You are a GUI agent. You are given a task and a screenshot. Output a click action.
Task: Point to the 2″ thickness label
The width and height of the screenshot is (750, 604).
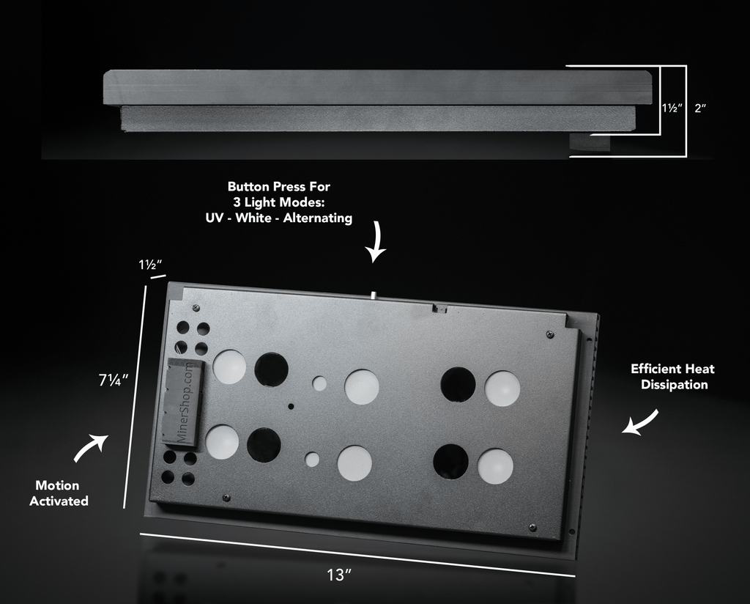coord(700,108)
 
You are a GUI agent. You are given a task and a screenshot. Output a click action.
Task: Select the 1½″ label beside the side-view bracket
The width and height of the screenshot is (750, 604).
coord(672,108)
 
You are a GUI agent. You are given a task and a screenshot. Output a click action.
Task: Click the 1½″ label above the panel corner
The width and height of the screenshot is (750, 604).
coord(149,265)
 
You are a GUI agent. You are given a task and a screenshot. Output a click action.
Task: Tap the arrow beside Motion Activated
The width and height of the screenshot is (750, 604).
coord(91,448)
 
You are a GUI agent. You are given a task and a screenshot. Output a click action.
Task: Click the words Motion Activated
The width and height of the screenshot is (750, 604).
coord(59,493)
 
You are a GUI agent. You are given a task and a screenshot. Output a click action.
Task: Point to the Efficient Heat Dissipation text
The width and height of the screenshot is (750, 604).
coord(672,377)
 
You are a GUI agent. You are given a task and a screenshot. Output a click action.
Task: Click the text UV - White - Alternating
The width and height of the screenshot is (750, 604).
coord(279,218)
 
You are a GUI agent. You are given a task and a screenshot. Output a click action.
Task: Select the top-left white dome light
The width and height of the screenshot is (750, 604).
coord(229,367)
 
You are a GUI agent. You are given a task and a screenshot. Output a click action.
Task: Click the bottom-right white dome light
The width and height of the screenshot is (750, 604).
coord(495,466)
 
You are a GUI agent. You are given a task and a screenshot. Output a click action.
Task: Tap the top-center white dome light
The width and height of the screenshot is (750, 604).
coord(362,386)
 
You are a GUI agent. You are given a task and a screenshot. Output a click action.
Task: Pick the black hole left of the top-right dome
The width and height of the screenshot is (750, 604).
coord(458,385)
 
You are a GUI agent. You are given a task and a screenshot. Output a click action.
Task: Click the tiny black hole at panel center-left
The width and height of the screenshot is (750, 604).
coord(291,405)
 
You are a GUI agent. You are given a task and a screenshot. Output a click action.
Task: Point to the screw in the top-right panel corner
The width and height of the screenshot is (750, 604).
coord(550,334)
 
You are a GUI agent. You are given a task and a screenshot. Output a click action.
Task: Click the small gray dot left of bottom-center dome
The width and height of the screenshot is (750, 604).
coord(313,460)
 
